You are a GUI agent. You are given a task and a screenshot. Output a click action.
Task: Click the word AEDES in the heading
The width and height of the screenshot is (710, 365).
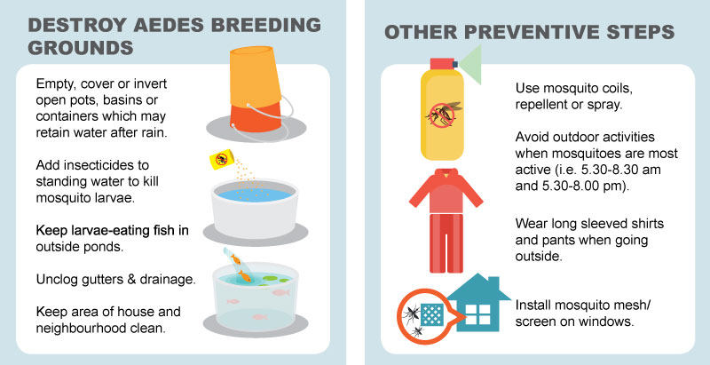tap(168, 25)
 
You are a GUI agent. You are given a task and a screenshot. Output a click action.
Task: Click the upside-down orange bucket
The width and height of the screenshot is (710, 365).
tap(256, 88)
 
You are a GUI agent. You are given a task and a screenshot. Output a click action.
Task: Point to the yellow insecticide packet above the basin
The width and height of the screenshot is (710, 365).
tap(221, 159)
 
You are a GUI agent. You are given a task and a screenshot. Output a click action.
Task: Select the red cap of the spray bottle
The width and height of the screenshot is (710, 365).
tap(442, 63)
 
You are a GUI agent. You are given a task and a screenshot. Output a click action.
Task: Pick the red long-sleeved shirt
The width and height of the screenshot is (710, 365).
tap(446, 190)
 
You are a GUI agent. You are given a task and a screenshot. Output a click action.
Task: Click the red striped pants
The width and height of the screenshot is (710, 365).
tap(446, 242)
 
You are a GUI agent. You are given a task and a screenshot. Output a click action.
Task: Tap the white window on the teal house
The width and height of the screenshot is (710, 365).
tap(478, 313)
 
